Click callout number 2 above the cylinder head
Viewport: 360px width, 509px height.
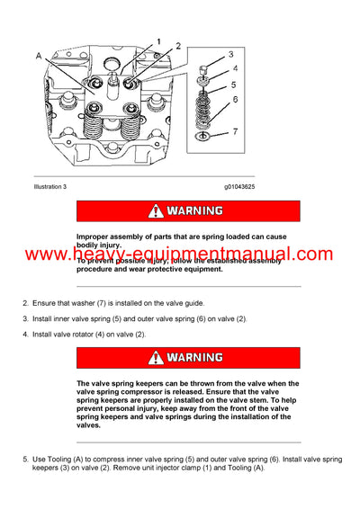point(178,45)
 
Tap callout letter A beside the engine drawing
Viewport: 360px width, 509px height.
point(37,57)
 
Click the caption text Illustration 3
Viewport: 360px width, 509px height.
point(49,186)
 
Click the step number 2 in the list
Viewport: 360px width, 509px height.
point(25,302)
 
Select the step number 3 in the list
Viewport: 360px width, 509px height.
point(25,318)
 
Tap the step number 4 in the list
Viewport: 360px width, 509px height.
point(25,335)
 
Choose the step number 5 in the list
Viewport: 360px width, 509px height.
point(25,460)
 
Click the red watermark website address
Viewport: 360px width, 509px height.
point(180,255)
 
